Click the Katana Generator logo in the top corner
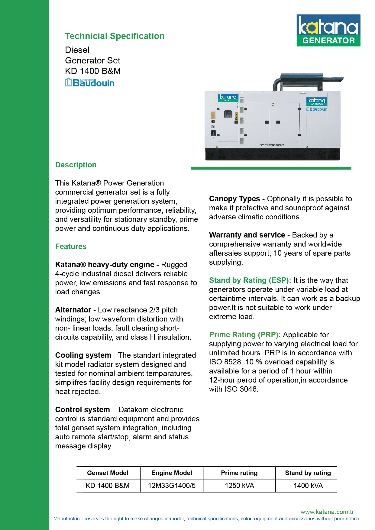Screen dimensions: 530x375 [328, 30]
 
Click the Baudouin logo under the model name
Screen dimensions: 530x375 [90, 83]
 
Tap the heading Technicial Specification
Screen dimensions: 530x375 [115, 36]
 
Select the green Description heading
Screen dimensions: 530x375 [76, 165]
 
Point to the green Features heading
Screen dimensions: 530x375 [71, 247]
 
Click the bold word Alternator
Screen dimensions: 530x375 [73, 310]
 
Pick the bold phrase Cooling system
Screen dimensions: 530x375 [83, 355]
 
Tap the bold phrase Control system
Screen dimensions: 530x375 [82, 410]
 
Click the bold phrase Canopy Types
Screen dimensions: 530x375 [234, 199]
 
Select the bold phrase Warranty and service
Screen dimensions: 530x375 [247, 235]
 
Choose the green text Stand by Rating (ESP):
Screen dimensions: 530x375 [250, 280]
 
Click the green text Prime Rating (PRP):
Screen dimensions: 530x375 [245, 335]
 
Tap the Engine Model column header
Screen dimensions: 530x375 [172, 473]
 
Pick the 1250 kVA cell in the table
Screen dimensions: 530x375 [239, 486]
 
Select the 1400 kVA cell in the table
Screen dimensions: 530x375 [308, 486]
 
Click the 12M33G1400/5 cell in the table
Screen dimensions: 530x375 [172, 486]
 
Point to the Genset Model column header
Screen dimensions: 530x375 [108, 473]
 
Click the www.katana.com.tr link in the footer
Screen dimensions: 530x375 [327, 512]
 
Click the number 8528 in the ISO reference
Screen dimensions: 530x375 [233, 362]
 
